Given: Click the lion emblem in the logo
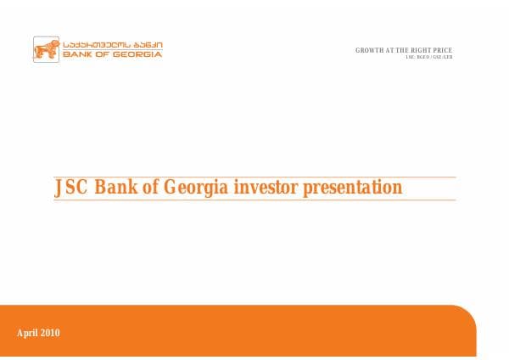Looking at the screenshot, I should point(45,49).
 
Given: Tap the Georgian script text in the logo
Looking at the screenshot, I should point(109,44).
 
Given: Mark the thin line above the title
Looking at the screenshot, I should point(255,177).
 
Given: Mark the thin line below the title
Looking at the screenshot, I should point(255,200).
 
